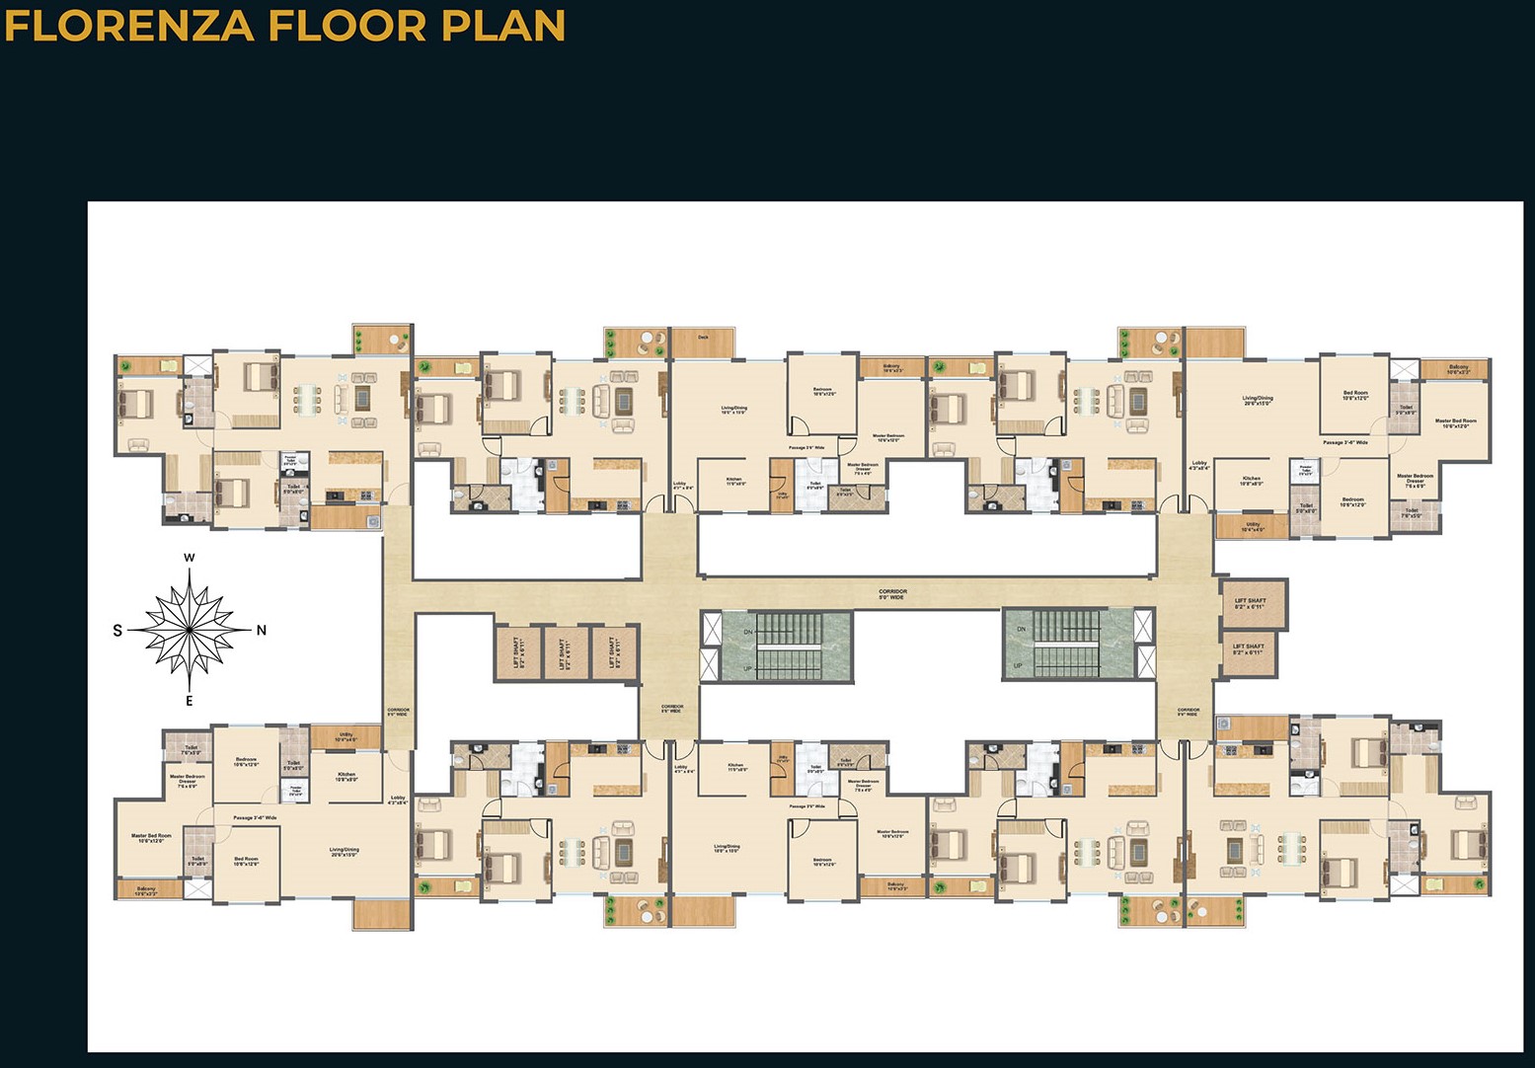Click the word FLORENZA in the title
127,26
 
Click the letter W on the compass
190,559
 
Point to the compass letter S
117,631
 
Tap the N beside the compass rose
262,631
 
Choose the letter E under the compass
190,702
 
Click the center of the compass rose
190,629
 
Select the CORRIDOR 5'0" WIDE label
892,594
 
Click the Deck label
703,338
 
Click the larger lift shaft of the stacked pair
1253,603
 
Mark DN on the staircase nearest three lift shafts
747,632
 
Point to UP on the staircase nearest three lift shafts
747,668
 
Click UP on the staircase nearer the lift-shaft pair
1017,666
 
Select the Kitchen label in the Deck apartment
734,482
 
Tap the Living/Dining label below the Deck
733,409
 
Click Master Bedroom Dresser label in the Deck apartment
862,468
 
